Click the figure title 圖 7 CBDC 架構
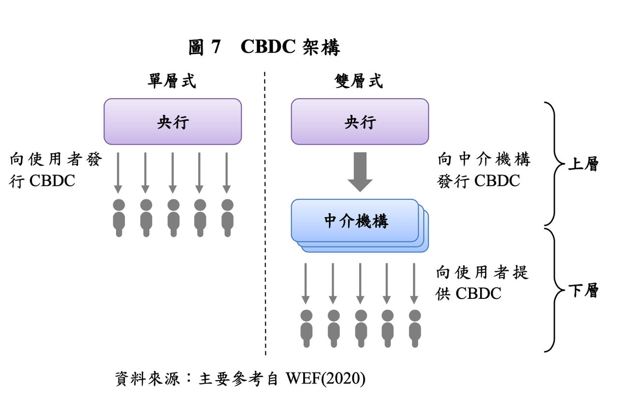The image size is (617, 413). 264,48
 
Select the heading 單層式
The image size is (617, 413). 172,81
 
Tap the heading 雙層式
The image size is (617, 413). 359,81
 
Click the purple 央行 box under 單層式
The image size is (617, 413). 173,122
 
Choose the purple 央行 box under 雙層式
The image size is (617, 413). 360,122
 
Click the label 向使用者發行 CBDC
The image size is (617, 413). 56,170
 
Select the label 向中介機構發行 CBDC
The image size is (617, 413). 484,170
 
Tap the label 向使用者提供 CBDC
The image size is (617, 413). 482,283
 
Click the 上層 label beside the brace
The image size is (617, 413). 583,164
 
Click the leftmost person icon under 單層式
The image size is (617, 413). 119,218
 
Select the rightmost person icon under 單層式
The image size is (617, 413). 227,218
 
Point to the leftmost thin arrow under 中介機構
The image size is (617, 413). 306,283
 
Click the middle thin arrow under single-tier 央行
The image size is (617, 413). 173,172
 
